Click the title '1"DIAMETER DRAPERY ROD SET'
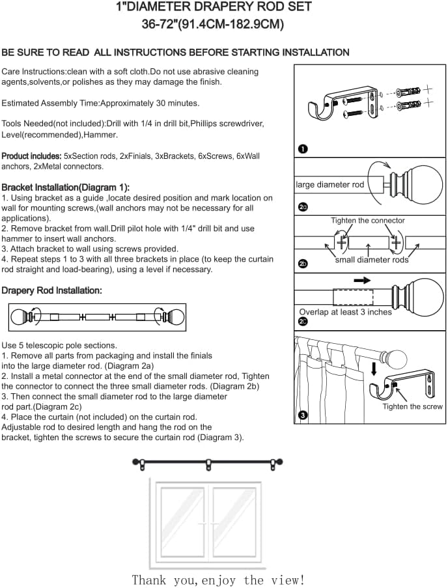(213, 7)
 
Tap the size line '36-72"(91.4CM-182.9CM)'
(213, 25)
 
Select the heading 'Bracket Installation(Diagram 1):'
(66, 187)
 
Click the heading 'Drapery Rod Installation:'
(51, 290)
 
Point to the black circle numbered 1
(303, 149)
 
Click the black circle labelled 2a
(303, 208)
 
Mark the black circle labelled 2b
(303, 264)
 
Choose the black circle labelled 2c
(303, 321)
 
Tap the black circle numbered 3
(303, 415)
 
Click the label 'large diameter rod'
(330, 185)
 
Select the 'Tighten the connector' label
(368, 221)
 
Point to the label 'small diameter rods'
(372, 260)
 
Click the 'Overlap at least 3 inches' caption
(345, 312)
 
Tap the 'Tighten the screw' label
(412, 406)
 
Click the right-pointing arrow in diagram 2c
(362, 281)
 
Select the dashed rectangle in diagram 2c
(353, 298)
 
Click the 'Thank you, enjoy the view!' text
(218, 580)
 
